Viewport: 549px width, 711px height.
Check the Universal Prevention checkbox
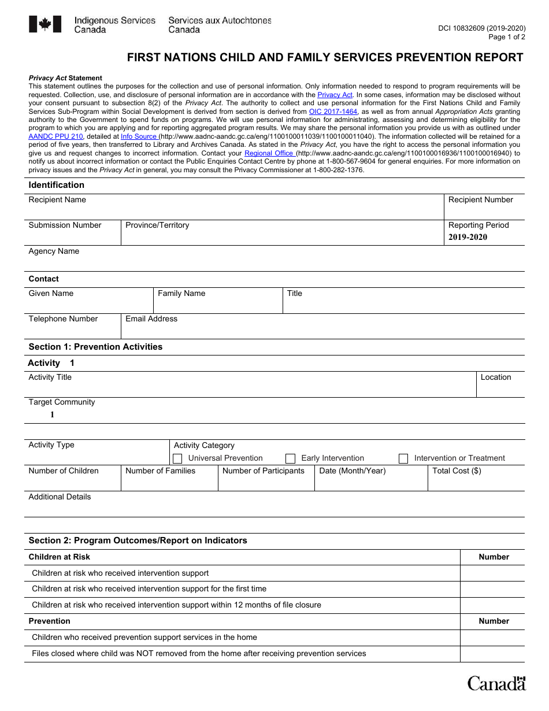(x=178, y=458)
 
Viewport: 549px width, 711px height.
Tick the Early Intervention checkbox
(x=291, y=458)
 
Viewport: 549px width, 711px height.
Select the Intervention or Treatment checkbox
(x=403, y=458)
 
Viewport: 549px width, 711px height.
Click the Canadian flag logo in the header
(x=45, y=24)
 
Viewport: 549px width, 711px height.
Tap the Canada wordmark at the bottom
(x=496, y=683)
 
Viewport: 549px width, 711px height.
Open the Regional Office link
(x=269, y=153)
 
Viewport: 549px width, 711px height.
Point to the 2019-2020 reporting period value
(x=468, y=237)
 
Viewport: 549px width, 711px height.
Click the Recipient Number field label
(x=480, y=200)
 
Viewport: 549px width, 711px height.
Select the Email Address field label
(x=151, y=319)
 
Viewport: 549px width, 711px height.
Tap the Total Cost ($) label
(x=457, y=471)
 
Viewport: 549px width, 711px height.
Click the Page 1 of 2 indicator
(x=507, y=37)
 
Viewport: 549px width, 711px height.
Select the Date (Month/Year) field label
(x=352, y=471)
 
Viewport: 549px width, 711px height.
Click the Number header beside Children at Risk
(x=494, y=557)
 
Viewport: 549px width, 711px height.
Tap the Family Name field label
(x=181, y=294)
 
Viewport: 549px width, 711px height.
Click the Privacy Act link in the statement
(x=335, y=95)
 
